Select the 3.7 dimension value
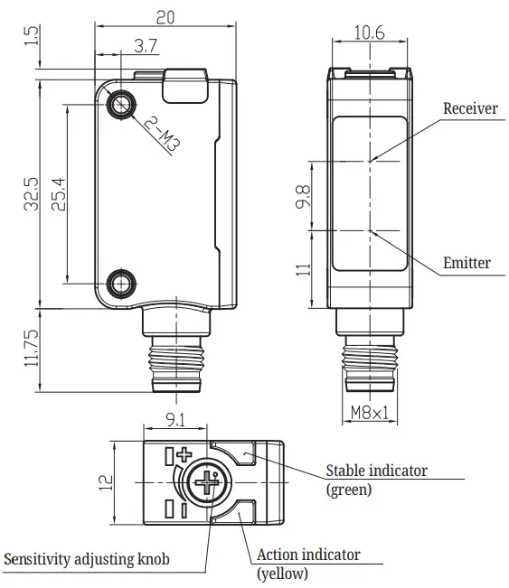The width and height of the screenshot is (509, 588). pyautogui.click(x=146, y=45)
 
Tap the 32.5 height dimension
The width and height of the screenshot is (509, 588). pyautogui.click(x=31, y=194)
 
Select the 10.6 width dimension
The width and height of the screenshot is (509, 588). pyautogui.click(x=370, y=33)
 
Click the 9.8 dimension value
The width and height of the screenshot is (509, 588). pyautogui.click(x=304, y=197)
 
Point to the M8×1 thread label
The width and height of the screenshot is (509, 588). pyautogui.click(x=371, y=415)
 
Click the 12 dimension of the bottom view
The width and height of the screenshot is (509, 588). pyautogui.click(x=106, y=482)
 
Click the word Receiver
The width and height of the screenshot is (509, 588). pyautogui.click(x=469, y=108)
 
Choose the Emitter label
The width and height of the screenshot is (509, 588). pyautogui.click(x=467, y=264)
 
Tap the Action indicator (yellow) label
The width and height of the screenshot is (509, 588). pyautogui.click(x=307, y=563)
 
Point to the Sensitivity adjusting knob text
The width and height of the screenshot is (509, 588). pyautogui.click(x=86, y=559)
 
